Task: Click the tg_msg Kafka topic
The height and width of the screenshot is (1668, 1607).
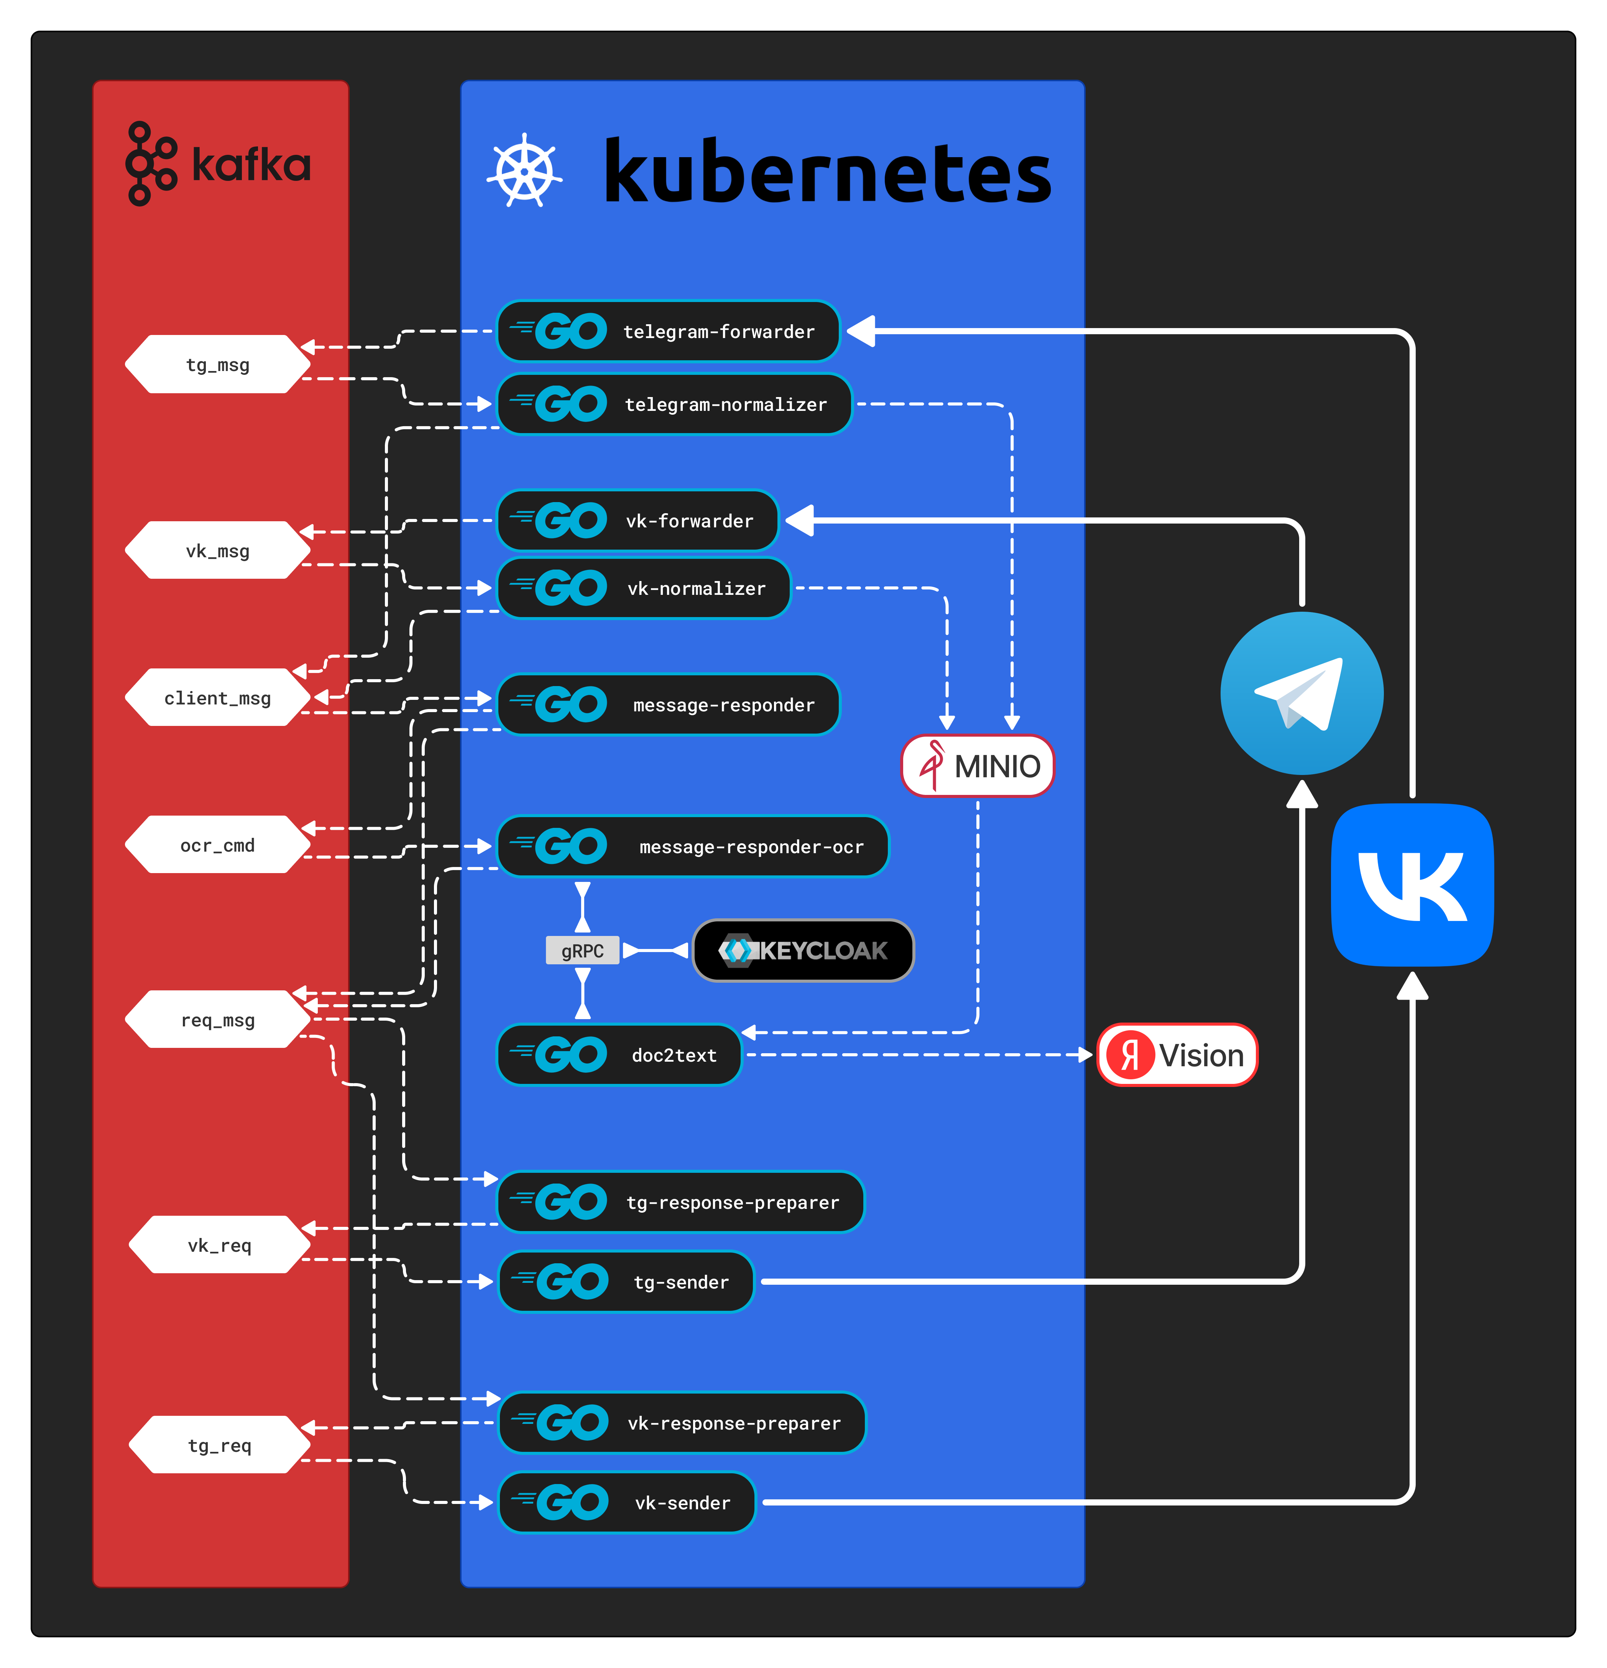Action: pyautogui.click(x=218, y=364)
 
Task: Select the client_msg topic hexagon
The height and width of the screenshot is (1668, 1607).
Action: pyautogui.click(x=218, y=698)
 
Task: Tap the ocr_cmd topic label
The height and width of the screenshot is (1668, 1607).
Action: pyautogui.click(x=218, y=845)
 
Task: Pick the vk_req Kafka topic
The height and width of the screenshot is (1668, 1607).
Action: pyautogui.click(x=220, y=1245)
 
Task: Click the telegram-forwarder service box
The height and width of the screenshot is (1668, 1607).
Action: pyautogui.click(x=668, y=331)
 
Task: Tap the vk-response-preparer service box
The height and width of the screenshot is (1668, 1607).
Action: pyautogui.click(x=682, y=1423)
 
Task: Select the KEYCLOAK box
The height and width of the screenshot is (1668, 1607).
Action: pyautogui.click(x=803, y=951)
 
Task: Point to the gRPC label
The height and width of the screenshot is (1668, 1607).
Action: pyautogui.click(x=582, y=951)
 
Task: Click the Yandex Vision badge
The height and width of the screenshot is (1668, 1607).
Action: pyautogui.click(x=1177, y=1055)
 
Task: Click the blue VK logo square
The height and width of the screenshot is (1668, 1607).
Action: pyautogui.click(x=1412, y=885)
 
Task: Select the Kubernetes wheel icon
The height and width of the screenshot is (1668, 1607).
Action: pyautogui.click(x=524, y=171)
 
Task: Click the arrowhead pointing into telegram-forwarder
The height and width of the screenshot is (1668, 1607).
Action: pyautogui.click(x=861, y=331)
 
